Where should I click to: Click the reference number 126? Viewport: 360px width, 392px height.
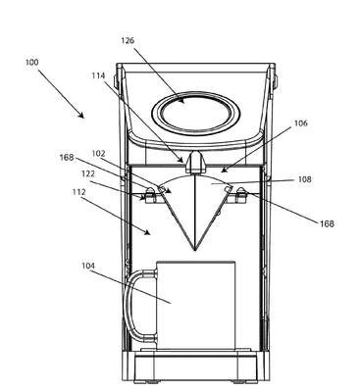click(x=128, y=41)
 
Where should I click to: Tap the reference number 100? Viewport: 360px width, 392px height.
click(x=31, y=62)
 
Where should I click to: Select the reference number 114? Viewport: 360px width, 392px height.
click(x=98, y=75)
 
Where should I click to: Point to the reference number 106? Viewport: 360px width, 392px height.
click(x=301, y=123)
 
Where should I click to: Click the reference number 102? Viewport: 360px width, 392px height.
click(x=99, y=154)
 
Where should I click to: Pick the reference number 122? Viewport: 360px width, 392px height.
click(x=88, y=174)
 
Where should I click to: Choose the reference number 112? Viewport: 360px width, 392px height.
click(x=78, y=192)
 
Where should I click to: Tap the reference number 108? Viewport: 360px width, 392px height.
click(x=305, y=179)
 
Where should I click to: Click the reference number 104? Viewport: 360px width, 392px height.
click(x=88, y=267)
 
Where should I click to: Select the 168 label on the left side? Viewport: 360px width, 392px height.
click(x=66, y=158)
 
